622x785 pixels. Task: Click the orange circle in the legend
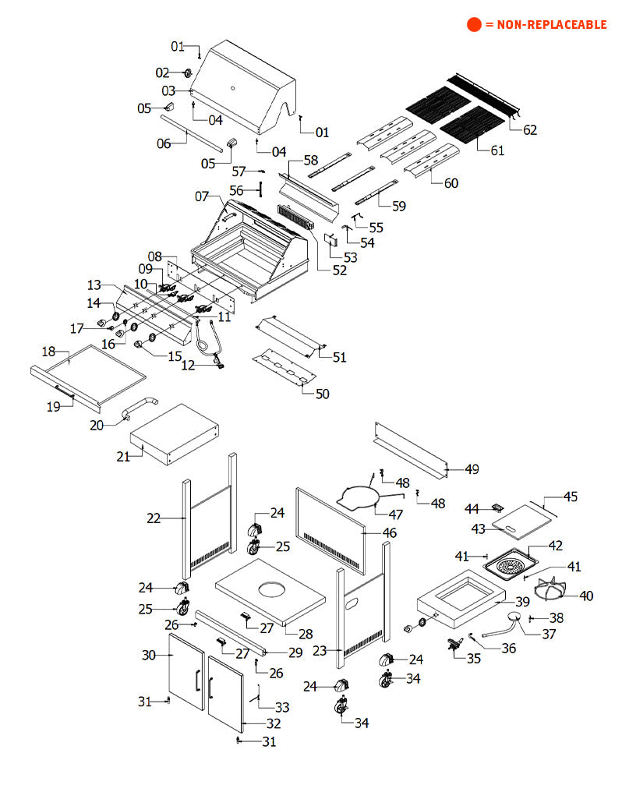coord(474,25)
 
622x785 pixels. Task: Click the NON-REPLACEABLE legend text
coord(546,25)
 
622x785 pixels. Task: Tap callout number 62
coord(529,130)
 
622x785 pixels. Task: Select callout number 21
coord(123,456)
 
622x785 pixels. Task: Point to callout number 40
coord(586,596)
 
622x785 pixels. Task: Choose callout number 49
coord(472,469)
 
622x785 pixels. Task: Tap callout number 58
coord(311,160)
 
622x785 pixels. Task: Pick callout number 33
coord(282,707)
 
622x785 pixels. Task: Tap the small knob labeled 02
coord(188,73)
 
